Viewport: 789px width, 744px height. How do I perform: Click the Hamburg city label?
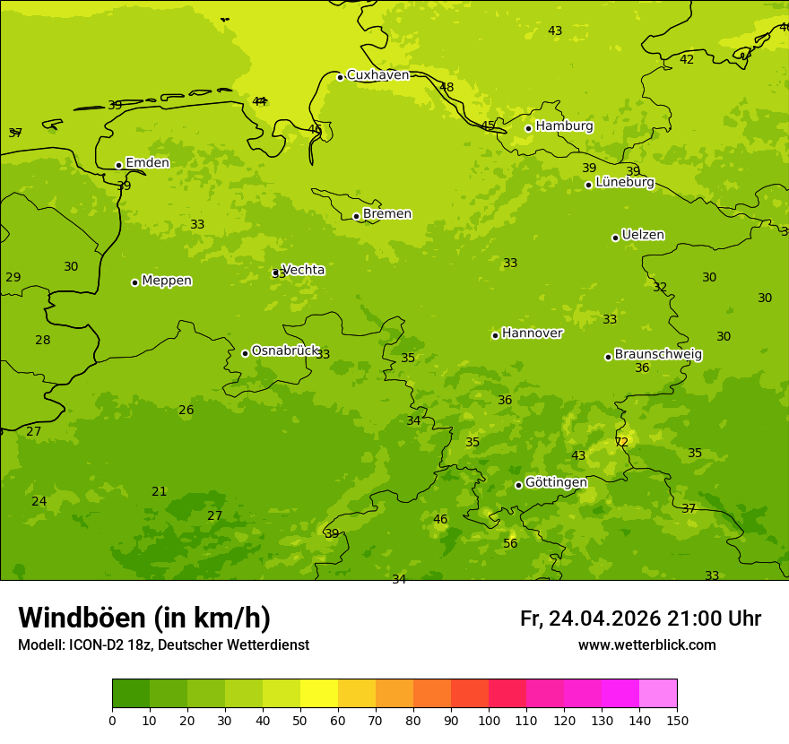[564, 126]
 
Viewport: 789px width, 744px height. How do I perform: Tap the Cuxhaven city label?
[377, 75]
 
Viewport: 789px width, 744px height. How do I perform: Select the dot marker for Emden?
[118, 165]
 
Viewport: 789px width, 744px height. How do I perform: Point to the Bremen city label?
[386, 214]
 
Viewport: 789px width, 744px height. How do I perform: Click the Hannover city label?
[532, 333]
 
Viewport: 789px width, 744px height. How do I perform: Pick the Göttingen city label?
[556, 482]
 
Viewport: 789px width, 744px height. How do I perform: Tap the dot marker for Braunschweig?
[608, 357]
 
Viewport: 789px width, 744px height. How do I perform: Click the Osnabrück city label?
[285, 350]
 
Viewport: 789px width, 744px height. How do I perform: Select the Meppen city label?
[167, 281]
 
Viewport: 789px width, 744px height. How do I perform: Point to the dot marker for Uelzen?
[615, 238]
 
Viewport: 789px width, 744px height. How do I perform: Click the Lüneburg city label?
[625, 182]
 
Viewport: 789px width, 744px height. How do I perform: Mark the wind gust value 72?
[621, 442]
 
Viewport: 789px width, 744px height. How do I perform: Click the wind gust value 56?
[510, 544]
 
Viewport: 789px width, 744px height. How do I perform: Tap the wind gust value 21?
[160, 491]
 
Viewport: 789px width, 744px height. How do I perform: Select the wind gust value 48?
[447, 87]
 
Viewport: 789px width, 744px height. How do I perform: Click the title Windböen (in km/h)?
[144, 618]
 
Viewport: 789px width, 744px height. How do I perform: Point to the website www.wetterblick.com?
[646, 645]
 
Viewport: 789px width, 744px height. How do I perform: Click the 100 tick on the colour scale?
[489, 720]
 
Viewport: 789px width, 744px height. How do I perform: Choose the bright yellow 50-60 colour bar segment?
[319, 693]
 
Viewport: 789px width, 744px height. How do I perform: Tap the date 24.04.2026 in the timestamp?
[604, 619]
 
